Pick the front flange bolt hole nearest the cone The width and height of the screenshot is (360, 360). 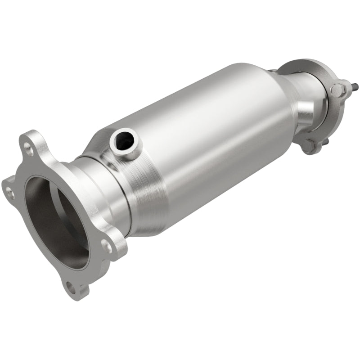click(107, 246)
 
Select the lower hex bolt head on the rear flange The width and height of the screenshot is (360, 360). click(310, 145)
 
